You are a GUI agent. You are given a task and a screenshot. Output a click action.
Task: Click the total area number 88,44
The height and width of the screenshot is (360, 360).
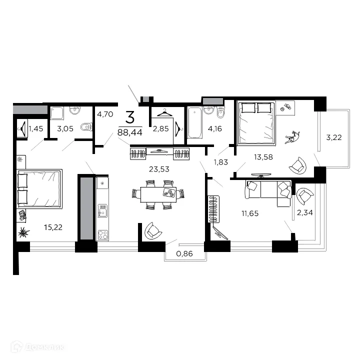(x=129, y=132)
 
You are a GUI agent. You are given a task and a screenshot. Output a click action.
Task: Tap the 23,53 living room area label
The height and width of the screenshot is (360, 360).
(x=159, y=169)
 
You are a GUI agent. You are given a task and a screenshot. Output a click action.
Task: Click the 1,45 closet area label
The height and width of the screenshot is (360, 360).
(x=36, y=129)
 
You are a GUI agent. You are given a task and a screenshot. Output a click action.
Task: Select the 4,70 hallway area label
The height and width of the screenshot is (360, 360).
(x=105, y=114)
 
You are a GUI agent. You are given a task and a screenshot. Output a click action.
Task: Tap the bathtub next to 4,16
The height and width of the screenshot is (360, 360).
(x=193, y=125)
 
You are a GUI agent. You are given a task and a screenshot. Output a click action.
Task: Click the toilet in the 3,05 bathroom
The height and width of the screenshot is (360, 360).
(x=86, y=127)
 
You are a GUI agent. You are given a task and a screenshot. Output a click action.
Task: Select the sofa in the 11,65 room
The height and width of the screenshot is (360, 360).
(x=267, y=190)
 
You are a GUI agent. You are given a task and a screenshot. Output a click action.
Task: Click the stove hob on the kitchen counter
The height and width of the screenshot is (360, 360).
(x=103, y=234)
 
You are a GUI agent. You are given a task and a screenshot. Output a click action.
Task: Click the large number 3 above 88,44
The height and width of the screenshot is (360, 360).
(x=129, y=118)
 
